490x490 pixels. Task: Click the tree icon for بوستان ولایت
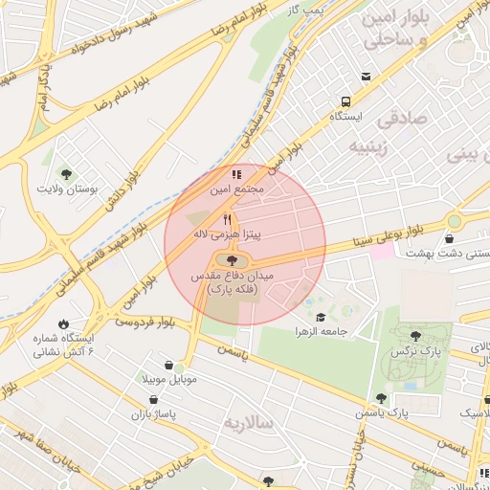point(65,173)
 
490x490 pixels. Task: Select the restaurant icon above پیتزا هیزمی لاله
point(227,219)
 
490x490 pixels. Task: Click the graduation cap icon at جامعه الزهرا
point(320,318)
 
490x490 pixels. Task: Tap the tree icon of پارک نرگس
point(415,336)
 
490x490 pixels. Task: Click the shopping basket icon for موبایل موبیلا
point(169,365)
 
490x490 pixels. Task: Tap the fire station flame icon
point(64,324)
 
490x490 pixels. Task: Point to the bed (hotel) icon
point(366,77)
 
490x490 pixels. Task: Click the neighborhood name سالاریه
point(248,422)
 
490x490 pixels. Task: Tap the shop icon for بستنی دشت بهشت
point(450,238)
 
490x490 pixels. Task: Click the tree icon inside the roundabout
point(231,259)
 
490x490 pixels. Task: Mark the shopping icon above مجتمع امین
point(235,175)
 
